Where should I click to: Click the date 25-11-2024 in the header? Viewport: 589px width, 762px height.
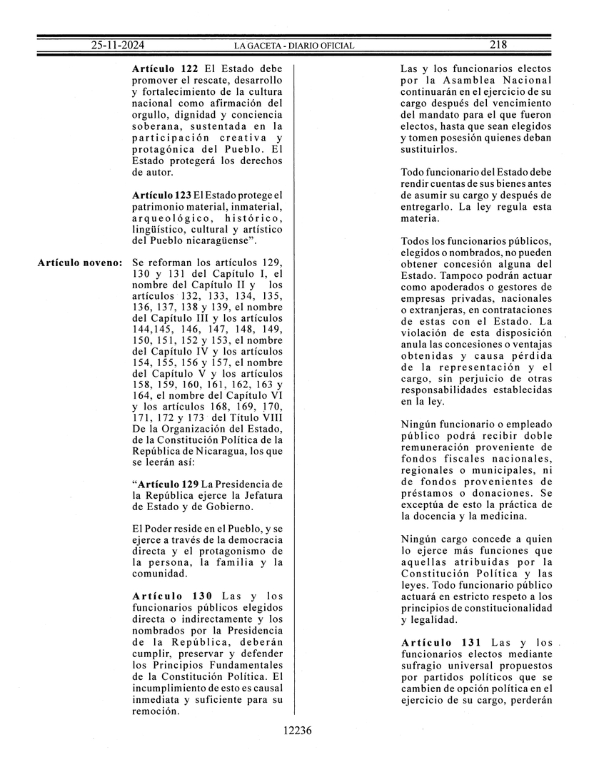(x=118, y=45)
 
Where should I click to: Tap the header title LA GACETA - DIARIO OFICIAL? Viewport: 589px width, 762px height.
(x=294, y=46)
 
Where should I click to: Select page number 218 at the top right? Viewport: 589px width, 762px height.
(x=498, y=44)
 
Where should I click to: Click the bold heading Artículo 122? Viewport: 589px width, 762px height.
(x=165, y=69)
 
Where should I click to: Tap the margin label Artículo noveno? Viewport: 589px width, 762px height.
(x=79, y=262)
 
